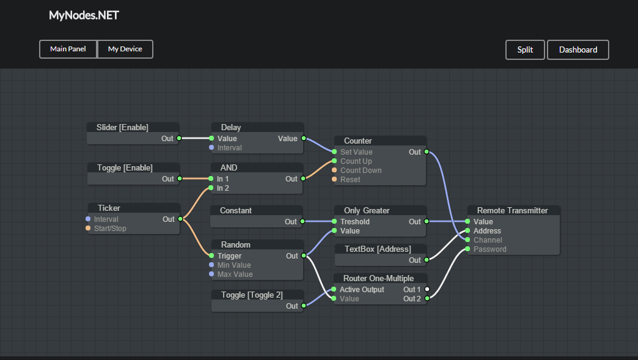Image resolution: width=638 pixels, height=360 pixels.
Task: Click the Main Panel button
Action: click(x=68, y=49)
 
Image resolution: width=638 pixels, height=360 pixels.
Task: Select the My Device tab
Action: click(x=125, y=49)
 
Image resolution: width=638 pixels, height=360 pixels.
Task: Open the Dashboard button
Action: click(x=577, y=50)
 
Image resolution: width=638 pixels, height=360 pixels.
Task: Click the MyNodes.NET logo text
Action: click(x=84, y=15)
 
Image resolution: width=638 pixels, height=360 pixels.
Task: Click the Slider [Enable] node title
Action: click(x=122, y=127)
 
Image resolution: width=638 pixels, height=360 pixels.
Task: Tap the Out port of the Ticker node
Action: click(x=180, y=219)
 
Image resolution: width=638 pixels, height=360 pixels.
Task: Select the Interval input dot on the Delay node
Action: click(x=211, y=147)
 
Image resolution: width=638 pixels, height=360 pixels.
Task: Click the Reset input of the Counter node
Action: click(x=334, y=180)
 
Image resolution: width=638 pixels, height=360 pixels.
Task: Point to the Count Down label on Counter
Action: click(x=361, y=171)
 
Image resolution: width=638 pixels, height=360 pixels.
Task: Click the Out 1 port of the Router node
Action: click(x=427, y=289)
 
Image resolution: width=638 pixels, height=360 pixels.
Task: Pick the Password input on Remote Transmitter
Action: click(x=468, y=249)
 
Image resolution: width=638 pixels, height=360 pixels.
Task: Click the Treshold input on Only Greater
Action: click(x=334, y=222)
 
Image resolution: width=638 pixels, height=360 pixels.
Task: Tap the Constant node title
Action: click(x=235, y=210)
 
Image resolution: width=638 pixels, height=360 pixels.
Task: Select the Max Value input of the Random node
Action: click(x=211, y=274)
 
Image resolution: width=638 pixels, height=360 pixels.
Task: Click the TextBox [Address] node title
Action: click(x=377, y=249)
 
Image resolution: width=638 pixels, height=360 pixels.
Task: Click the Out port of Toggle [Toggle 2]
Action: click(x=304, y=306)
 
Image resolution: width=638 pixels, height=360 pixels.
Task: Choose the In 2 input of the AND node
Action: click(x=211, y=188)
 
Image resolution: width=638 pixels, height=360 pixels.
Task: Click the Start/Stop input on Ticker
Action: click(x=88, y=228)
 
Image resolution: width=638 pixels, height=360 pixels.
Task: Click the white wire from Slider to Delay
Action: click(x=196, y=138)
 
